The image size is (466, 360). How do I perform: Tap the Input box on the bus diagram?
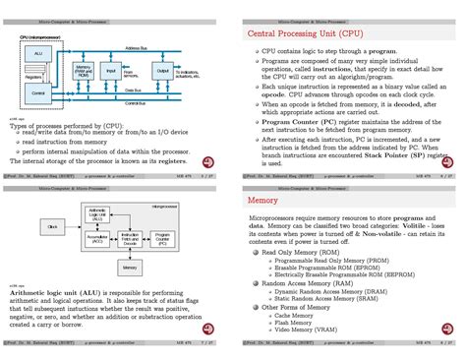pyautogui.click(x=110, y=72)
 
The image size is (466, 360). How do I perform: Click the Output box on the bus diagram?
pyautogui.click(x=163, y=71)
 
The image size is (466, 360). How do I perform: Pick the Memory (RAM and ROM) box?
pyautogui.click(x=84, y=72)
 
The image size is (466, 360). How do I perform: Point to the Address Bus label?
pyautogui.click(x=139, y=48)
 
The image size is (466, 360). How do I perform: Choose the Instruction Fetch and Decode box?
pyautogui.click(x=130, y=238)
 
